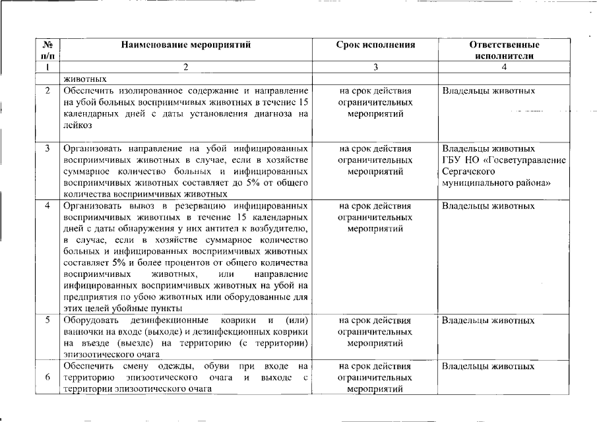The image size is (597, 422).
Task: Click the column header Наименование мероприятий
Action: tap(185, 45)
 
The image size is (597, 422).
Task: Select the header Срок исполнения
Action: tap(375, 45)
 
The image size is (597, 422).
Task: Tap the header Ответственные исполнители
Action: tap(504, 51)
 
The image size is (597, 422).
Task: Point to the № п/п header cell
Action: tap(47, 51)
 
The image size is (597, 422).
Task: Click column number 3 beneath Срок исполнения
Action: tap(375, 67)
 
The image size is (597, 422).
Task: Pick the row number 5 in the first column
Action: tap(47, 320)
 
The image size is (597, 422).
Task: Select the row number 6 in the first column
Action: tap(47, 377)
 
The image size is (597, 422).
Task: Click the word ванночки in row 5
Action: tap(83, 332)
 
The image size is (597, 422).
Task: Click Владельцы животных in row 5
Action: tap(488, 320)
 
